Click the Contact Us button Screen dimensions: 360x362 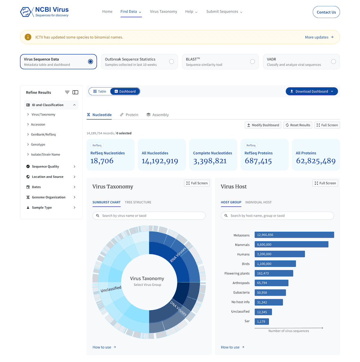pyautogui.click(x=326, y=12)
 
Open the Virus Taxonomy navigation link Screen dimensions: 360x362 pyautogui.click(x=163, y=12)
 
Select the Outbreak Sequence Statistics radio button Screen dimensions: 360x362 pyautogui.click(x=171, y=62)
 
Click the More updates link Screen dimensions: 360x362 pyautogui.click(x=319, y=37)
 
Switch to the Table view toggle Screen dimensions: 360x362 pyautogui.click(x=100, y=92)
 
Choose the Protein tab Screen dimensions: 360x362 pyautogui.click(x=129, y=115)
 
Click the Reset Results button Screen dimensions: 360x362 pyautogui.click(x=298, y=125)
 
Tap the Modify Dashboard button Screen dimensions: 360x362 pyautogui.click(x=263, y=125)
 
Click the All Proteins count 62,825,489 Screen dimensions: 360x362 pyautogui.click(x=316, y=161)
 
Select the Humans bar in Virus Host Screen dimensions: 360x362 pyautogui.click(x=280, y=254)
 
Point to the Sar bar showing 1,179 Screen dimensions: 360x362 pyautogui.click(x=262, y=321)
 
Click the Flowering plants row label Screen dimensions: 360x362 pyautogui.click(x=237, y=273)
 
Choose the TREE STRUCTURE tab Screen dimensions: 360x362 pyautogui.click(x=138, y=202)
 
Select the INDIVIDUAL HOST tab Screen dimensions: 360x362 pyautogui.click(x=258, y=202)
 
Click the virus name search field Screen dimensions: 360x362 pyautogui.click(x=149, y=216)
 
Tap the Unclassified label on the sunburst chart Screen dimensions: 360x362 pyautogui.click(x=111, y=289)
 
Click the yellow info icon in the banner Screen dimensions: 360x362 pyautogui.click(x=28, y=37)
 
